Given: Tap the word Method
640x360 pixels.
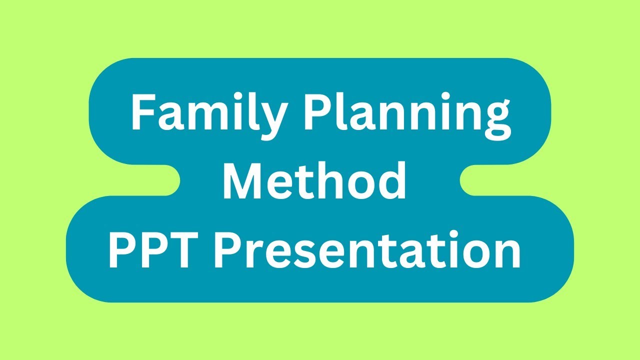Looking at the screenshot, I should tap(314, 181).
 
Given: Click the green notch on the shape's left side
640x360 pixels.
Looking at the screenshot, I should tap(170, 180).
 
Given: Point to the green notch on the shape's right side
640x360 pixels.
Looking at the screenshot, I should tap(470, 180).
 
